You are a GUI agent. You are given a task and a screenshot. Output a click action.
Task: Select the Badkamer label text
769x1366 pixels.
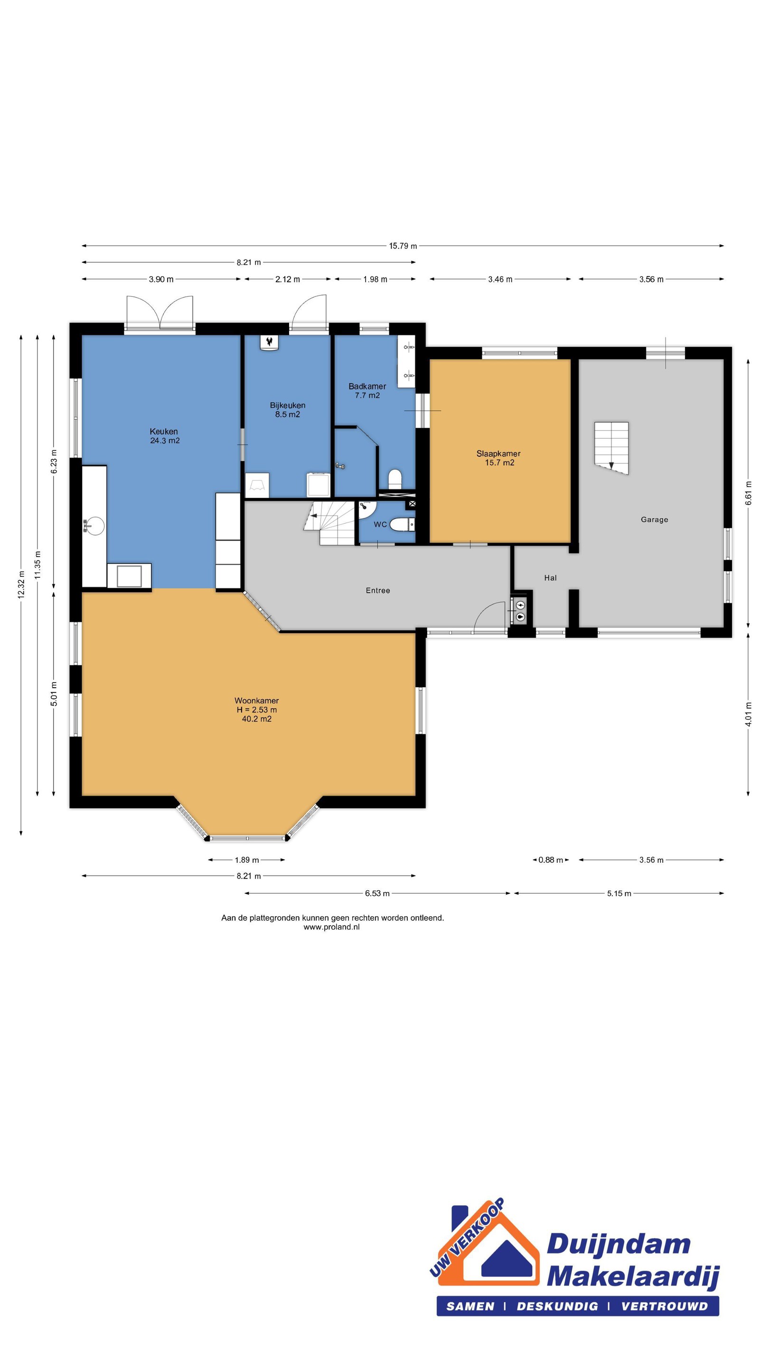pos(367,387)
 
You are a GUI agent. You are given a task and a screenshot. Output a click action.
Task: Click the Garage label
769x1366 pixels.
pos(655,520)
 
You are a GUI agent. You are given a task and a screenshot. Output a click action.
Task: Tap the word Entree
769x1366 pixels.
pos(378,590)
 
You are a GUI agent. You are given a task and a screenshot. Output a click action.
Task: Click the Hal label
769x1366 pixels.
pos(550,578)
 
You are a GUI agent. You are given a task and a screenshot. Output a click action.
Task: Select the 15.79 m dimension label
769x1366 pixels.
pos(403,246)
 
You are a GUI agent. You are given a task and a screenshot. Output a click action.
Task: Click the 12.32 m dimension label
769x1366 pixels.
pos(21,585)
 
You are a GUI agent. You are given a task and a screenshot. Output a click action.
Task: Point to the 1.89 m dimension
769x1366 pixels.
pos(247,860)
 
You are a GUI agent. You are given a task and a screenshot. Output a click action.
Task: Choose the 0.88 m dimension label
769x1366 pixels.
pos(550,860)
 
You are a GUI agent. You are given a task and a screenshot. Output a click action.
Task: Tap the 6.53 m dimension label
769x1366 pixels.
pos(377,894)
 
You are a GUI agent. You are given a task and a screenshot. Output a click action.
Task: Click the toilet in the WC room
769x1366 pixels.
pos(402,525)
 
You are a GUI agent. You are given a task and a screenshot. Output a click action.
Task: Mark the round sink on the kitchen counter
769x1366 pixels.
pos(95,526)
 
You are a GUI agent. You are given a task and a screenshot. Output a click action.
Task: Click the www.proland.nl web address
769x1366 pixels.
pos(332,927)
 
